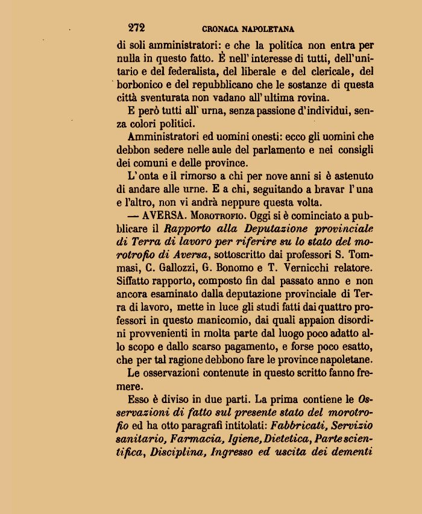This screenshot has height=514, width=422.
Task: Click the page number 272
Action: click(x=136, y=27)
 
